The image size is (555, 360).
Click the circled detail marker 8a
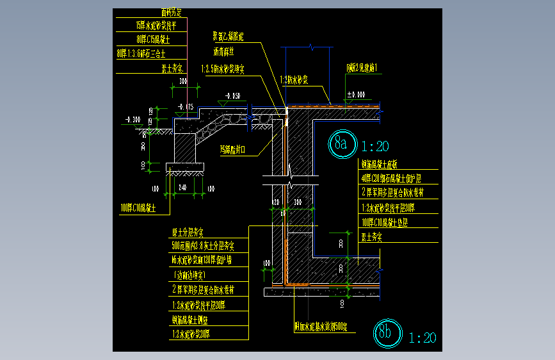point(341,143)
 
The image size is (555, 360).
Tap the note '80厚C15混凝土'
point(151,40)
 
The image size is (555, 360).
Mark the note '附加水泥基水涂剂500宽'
point(320,327)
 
